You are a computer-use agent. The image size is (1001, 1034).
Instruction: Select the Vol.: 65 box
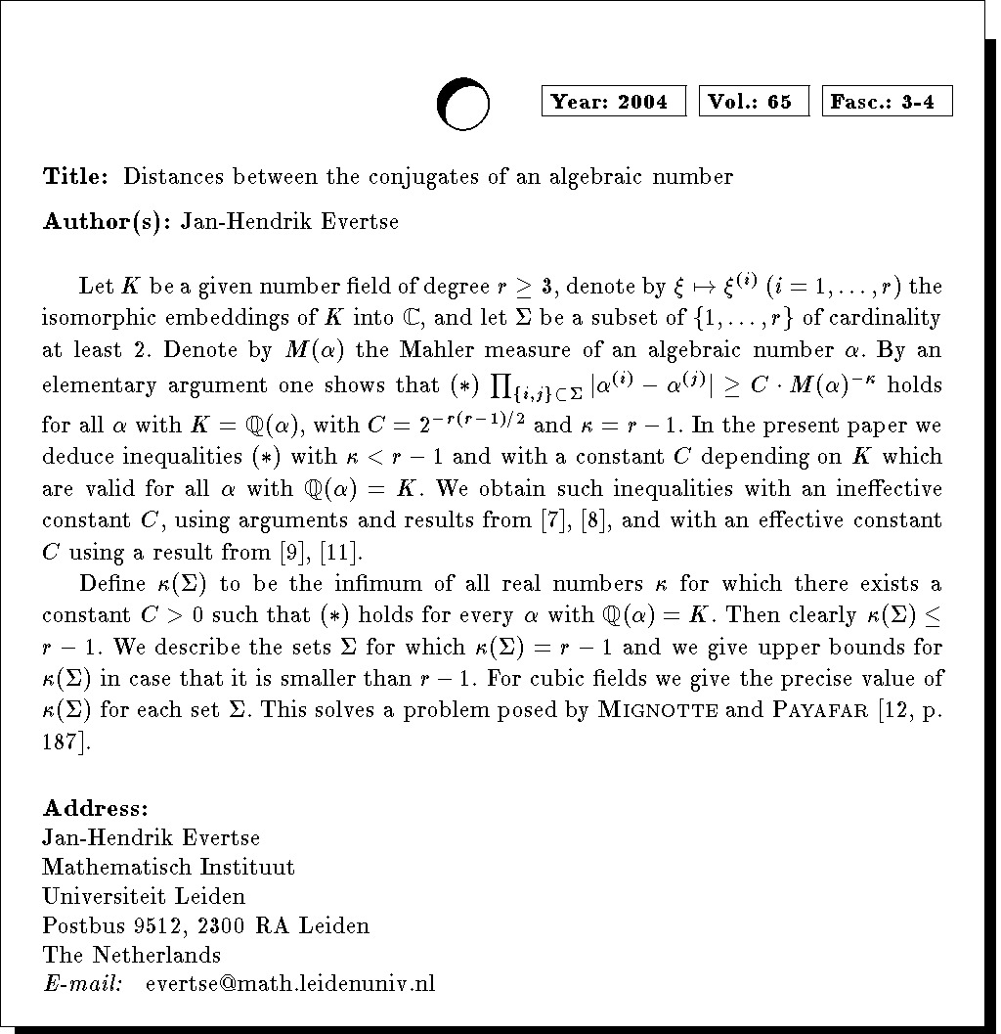pos(754,102)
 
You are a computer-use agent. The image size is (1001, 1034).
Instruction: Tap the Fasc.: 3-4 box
pos(888,102)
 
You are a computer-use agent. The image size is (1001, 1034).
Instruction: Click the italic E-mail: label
pos(83,983)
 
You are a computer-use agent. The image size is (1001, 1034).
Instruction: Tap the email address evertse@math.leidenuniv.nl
pos(289,983)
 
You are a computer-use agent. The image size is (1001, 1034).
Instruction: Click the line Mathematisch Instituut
pos(168,867)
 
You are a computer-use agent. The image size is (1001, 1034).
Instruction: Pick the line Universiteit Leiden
pos(144,896)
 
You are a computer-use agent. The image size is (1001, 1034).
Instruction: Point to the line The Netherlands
pos(132,955)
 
